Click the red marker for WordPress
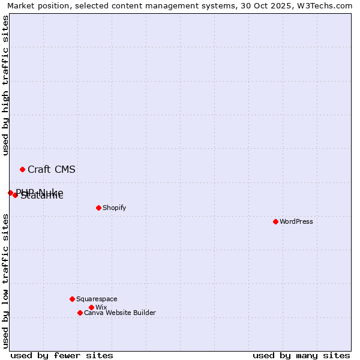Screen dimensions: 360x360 275,221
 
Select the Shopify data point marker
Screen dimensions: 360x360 98,208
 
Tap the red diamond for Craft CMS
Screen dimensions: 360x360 22,169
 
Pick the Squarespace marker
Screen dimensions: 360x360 72,299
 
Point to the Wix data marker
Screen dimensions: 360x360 91,307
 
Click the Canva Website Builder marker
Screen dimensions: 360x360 80,313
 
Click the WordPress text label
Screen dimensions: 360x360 296,221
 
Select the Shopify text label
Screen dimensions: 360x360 114,208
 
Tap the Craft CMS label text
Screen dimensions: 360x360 52,169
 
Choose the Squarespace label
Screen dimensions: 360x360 97,299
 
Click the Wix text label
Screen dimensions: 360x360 101,307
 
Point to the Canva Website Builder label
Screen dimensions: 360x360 120,313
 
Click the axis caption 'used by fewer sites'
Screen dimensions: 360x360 62,355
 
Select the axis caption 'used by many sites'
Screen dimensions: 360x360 301,355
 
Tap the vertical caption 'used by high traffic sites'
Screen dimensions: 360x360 6,85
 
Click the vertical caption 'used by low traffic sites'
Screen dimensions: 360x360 6,281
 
